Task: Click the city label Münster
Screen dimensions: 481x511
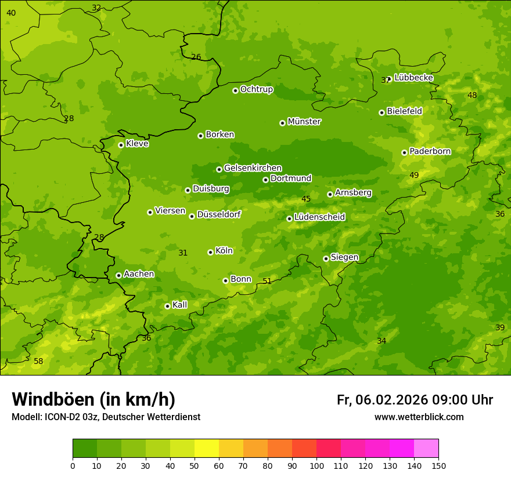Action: (304, 122)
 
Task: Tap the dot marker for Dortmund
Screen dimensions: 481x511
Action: (265, 180)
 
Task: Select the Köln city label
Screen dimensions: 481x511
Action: (224, 251)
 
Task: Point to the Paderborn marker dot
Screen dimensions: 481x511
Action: (404, 152)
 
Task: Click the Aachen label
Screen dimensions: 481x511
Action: (139, 274)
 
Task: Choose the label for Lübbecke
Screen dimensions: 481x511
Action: (413, 78)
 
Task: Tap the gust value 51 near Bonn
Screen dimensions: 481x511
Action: (267, 281)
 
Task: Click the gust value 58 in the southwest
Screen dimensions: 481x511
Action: (38, 362)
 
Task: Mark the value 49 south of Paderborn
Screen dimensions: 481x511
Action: (414, 175)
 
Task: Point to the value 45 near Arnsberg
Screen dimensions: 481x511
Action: (306, 199)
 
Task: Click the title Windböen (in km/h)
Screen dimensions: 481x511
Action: (93, 399)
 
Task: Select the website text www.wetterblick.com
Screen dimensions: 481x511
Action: (419, 417)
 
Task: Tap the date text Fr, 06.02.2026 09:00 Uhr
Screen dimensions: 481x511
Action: (415, 400)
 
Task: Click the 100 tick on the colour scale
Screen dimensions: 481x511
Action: (316, 465)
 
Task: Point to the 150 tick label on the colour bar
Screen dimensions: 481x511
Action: (438, 465)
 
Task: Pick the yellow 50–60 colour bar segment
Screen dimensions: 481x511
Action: (207, 449)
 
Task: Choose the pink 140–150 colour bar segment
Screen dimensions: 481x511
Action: (426, 449)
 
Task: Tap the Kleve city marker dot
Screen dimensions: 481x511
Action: (121, 145)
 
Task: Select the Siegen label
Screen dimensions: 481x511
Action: (344, 257)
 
